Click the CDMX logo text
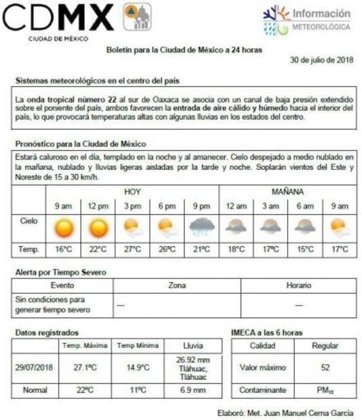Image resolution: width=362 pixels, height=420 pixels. (x=58, y=18)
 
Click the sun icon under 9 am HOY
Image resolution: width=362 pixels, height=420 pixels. (x=64, y=228)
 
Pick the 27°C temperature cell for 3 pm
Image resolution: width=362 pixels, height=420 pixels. (x=133, y=249)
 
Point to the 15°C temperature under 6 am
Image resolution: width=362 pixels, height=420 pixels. (x=304, y=249)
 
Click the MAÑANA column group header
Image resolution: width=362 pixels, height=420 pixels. (x=287, y=192)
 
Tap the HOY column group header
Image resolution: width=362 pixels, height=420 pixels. (x=132, y=192)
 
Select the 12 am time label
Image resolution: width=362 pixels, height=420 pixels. (x=236, y=206)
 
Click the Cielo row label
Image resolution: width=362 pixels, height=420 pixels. (x=29, y=221)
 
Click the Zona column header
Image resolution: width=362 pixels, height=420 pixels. (x=177, y=286)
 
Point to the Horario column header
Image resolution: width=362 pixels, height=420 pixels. (x=298, y=286)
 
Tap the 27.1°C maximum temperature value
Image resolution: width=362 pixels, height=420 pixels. (x=85, y=368)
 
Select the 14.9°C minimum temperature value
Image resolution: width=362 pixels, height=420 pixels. (x=137, y=368)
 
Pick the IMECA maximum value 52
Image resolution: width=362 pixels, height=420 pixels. (x=325, y=368)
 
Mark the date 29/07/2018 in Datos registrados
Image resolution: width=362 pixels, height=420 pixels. (x=35, y=368)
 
